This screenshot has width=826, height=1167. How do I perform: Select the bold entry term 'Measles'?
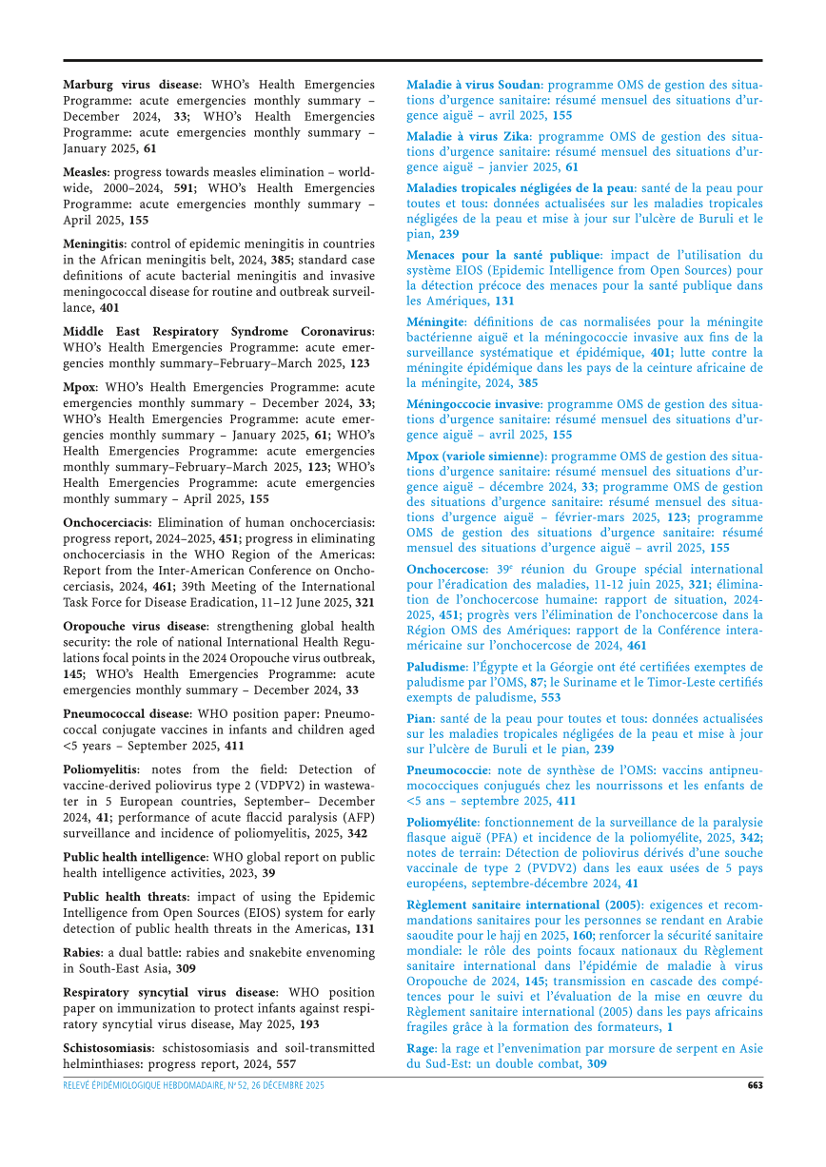pyautogui.click(x=85, y=172)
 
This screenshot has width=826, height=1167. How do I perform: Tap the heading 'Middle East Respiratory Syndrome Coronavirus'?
pyautogui.click(x=218, y=331)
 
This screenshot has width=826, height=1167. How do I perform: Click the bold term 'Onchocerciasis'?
pyautogui.click(x=106, y=522)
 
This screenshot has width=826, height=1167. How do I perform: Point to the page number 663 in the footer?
pyautogui.click(x=754, y=1085)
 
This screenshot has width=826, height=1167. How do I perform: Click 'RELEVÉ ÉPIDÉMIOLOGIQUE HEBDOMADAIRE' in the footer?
pyautogui.click(x=147, y=1085)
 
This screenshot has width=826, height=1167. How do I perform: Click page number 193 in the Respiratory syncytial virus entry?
pyautogui.click(x=307, y=1025)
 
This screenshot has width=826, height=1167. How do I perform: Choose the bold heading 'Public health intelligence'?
pyautogui.click(x=134, y=857)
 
